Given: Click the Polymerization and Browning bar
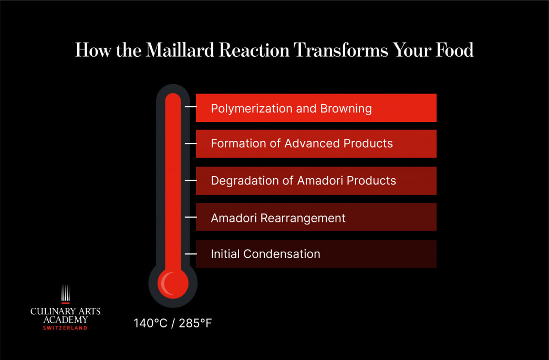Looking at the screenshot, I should pos(316,108).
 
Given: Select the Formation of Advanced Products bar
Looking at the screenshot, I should pos(316,143).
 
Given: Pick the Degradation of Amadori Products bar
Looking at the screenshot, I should pos(316,181).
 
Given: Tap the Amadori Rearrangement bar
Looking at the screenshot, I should pos(316,218).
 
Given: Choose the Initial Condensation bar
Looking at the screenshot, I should pos(316,254).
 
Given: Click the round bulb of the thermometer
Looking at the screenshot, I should pos(173,284).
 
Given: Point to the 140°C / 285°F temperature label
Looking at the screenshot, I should pos(172,323).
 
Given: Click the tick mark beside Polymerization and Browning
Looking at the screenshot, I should pos(191,107).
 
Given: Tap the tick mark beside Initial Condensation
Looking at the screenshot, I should pos(191,253).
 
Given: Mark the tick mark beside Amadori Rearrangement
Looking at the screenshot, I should pos(191,217).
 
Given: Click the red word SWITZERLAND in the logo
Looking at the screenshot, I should pos(65,328).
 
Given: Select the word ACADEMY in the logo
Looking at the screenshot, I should pos(65,320).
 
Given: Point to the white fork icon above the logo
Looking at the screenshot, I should pos(65,293).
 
